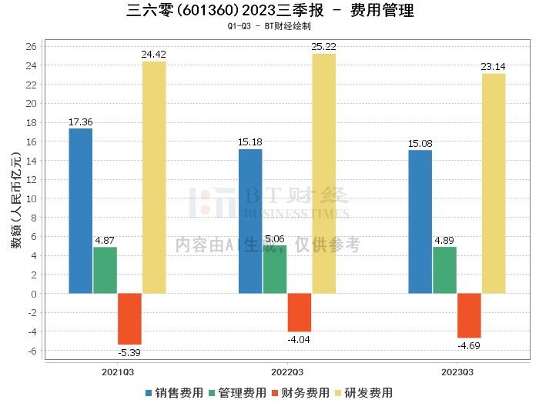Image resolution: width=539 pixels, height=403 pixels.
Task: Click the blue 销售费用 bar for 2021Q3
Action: (x=81, y=211)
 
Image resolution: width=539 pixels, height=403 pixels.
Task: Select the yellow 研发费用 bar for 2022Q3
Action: (x=324, y=174)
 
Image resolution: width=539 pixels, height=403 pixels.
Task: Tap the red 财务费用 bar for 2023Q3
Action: (x=469, y=316)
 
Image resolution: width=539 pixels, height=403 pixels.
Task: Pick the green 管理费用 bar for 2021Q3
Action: (x=105, y=271)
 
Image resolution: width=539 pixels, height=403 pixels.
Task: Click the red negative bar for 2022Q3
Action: (x=300, y=313)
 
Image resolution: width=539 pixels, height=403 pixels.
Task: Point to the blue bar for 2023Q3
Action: (x=420, y=222)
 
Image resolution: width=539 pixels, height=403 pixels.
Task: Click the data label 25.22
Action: (x=324, y=47)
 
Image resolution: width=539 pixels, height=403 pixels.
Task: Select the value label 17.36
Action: (x=81, y=122)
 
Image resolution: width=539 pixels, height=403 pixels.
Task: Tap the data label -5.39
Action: (x=129, y=352)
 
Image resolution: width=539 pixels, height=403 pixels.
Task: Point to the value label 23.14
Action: (x=494, y=67)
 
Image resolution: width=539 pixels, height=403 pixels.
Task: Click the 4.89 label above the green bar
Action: (x=444, y=240)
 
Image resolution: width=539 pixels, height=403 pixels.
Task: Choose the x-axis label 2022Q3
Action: (x=287, y=372)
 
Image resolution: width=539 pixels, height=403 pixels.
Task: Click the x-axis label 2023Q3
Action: (x=457, y=372)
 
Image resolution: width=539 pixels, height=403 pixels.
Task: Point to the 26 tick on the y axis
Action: (x=32, y=46)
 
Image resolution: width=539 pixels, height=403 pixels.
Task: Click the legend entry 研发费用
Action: (x=363, y=393)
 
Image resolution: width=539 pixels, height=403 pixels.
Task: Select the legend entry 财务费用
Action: (x=300, y=393)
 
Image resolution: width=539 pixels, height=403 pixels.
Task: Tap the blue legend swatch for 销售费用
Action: (x=149, y=393)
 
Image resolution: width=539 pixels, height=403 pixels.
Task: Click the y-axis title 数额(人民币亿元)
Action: (x=16, y=200)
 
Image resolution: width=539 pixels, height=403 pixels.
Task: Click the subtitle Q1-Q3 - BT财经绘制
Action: (x=269, y=26)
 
